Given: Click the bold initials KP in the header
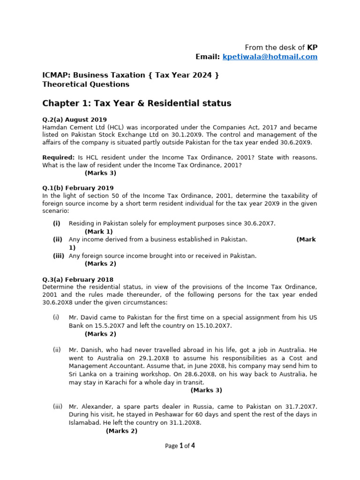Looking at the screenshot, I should pyautogui.click(x=312, y=47).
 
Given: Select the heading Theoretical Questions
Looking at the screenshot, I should pyautogui.click(x=86, y=84).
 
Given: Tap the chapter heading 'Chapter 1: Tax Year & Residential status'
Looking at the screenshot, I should pyautogui.click(x=137, y=103).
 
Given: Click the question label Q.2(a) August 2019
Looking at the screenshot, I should pyautogui.click(x=75, y=120).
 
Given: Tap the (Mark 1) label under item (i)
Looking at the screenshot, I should pyautogui.click(x=99, y=232).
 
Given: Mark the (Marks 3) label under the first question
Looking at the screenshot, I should pyautogui.click(x=100, y=173).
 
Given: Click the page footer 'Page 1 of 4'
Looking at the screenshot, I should pyautogui.click(x=180, y=446).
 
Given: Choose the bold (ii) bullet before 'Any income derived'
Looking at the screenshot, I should pyautogui.click(x=57, y=240).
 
